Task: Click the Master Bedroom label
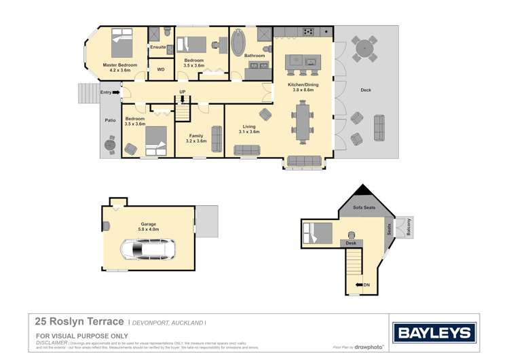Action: [x=120, y=65]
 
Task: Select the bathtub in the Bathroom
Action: [x=240, y=42]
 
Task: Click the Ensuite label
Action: [x=157, y=48]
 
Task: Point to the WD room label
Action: [x=161, y=69]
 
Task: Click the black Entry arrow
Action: [x=115, y=92]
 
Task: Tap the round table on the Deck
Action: [x=364, y=49]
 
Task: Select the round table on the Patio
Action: [x=111, y=144]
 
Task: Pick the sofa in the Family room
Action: [x=216, y=139]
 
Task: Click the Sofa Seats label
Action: [x=364, y=207]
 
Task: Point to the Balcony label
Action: [x=409, y=229]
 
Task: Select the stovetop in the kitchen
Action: [x=308, y=31]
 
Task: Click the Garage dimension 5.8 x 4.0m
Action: [x=149, y=229]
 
